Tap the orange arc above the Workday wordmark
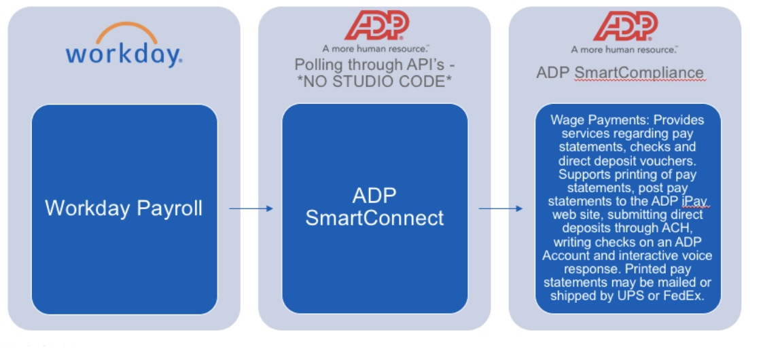[x=124, y=31]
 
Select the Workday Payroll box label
[x=124, y=208]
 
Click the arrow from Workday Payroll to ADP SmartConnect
[x=251, y=209]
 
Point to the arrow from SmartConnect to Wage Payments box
[x=501, y=209]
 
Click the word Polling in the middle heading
[x=318, y=65]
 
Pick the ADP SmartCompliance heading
[x=620, y=73]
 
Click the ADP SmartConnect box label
[x=374, y=207]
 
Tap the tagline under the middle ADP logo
[x=376, y=49]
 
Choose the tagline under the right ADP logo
[x=625, y=49]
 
